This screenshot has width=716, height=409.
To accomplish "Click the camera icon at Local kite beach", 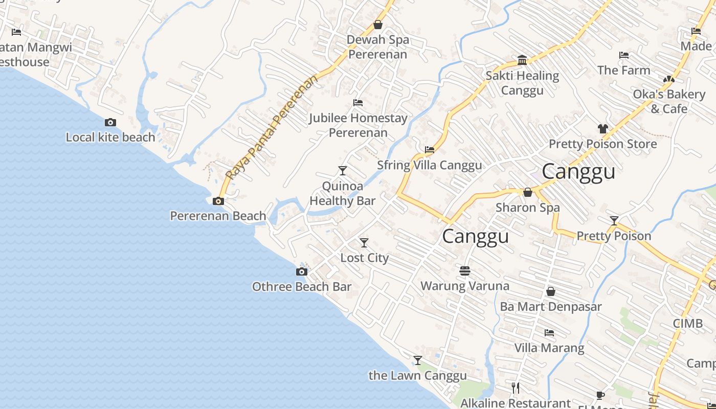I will point(110,123).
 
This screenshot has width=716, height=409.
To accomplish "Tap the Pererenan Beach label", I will point(218,216).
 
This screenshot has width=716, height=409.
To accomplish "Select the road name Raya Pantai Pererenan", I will point(271,128).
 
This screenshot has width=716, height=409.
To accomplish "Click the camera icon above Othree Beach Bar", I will point(302,271).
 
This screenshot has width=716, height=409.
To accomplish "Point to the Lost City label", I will point(365,258).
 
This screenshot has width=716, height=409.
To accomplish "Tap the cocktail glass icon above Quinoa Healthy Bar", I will point(343,170).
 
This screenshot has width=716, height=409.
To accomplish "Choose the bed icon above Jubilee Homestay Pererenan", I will point(358,103).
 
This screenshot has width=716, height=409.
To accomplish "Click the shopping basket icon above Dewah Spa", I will point(378,24).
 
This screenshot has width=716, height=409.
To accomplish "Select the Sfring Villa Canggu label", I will point(430,165).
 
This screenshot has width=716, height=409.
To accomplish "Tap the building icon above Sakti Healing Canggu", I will point(522,60).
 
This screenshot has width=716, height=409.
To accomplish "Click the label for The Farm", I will point(623,70).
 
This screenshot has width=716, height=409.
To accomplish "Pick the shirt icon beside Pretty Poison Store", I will point(603,129).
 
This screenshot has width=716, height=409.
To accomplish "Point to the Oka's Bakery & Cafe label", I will point(669,101).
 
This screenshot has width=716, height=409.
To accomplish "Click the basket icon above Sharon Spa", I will point(528,192).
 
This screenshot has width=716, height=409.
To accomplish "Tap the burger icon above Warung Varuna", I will point(465,270).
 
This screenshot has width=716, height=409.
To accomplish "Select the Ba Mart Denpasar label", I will point(551,307).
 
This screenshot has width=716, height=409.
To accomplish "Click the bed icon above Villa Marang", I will point(549,333).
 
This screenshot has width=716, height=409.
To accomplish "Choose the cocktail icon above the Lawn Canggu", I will point(418,360).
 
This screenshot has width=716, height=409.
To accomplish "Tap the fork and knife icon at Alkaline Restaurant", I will point(516,388).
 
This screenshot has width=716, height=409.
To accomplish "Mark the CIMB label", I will point(688,324).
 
